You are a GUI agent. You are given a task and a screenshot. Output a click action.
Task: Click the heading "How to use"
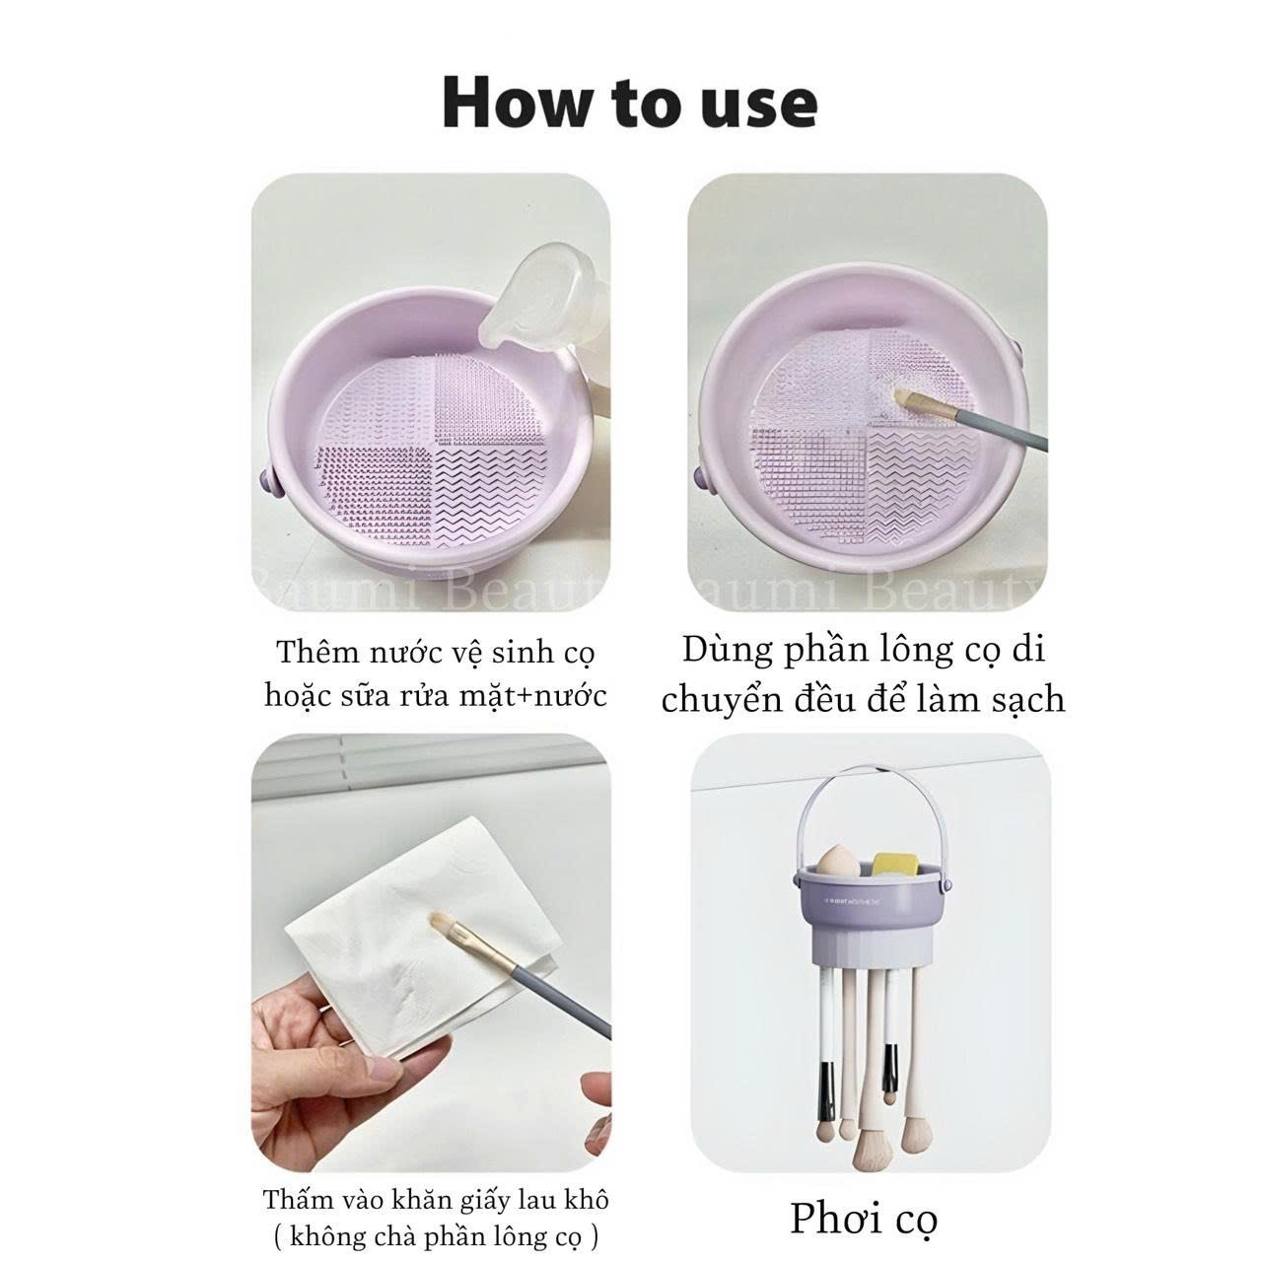pyautogui.click(x=630, y=104)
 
